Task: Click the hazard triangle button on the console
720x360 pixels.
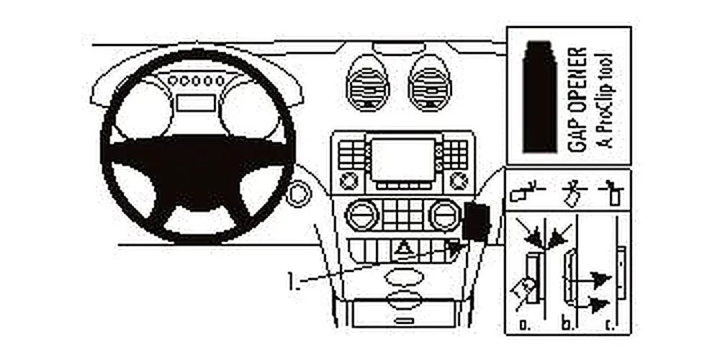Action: point(402,251)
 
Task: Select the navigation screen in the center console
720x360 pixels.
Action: point(402,159)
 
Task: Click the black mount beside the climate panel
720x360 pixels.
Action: point(476,221)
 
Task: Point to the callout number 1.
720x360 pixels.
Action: point(292,281)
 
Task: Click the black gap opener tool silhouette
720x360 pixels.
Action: point(540,96)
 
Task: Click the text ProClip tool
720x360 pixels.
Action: point(606,101)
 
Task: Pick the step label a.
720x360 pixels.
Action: point(523,325)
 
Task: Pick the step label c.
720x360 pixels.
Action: point(611,325)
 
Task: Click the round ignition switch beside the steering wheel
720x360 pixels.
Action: point(297,194)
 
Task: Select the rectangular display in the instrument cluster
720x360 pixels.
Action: point(196,103)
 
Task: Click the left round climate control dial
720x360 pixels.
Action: point(362,214)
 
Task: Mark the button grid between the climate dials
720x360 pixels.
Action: point(403,214)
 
